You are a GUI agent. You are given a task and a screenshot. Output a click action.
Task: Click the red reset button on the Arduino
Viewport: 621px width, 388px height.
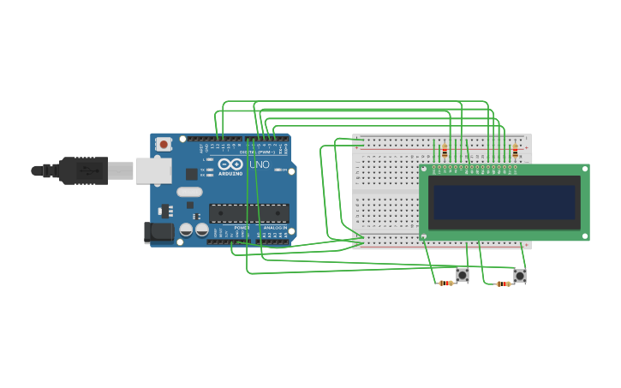click(163, 144)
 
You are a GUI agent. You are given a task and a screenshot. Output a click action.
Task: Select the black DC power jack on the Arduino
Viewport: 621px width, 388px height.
click(159, 231)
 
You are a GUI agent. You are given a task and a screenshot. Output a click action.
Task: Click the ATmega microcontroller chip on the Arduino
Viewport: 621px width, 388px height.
click(248, 213)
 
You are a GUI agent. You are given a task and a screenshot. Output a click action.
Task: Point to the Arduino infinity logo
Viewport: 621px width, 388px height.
click(230, 164)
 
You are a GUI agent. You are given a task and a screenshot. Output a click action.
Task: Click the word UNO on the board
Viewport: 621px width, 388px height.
click(259, 164)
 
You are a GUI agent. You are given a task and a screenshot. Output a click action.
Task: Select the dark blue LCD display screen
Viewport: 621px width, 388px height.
click(505, 202)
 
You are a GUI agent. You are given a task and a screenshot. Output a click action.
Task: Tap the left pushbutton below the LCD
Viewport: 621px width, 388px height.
click(463, 275)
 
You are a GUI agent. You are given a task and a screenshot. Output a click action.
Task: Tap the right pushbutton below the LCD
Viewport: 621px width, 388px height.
click(520, 276)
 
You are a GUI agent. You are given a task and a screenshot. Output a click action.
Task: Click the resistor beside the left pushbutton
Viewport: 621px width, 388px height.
click(445, 283)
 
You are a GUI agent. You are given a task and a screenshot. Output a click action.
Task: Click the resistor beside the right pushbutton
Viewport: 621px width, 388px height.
click(504, 284)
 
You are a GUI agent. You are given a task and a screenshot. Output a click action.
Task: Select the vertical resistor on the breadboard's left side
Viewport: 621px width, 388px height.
click(445, 151)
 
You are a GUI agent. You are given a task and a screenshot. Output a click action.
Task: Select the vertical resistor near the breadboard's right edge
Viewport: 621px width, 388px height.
click(515, 151)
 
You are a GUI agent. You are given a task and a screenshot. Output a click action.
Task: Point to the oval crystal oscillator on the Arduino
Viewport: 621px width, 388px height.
click(190, 193)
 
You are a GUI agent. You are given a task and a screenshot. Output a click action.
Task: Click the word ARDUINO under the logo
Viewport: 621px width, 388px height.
click(230, 173)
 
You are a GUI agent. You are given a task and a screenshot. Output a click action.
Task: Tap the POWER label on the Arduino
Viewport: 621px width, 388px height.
click(242, 228)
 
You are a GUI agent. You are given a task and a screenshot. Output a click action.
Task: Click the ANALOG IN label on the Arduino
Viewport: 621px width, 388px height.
click(274, 228)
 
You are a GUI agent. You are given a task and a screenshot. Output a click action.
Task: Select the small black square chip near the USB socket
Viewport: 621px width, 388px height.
click(192, 174)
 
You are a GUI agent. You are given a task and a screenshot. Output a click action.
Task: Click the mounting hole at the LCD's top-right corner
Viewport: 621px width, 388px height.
click(585, 169)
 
